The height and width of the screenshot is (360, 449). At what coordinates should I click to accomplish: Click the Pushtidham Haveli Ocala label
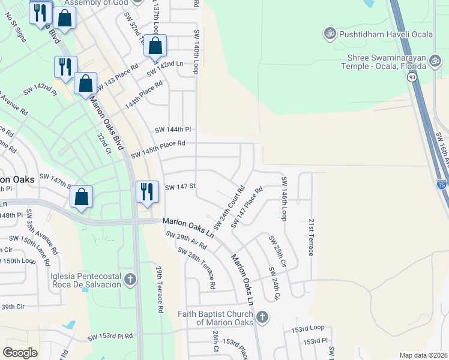(x=385, y=34)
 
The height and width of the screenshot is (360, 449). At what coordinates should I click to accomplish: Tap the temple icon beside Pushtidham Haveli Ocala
(x=329, y=34)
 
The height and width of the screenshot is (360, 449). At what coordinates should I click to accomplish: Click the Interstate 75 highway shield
(x=441, y=184)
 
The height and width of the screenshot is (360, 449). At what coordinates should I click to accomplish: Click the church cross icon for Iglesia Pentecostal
(x=130, y=279)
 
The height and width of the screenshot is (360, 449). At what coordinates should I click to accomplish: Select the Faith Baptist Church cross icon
(x=262, y=317)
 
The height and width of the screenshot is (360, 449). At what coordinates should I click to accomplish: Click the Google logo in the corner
(x=20, y=352)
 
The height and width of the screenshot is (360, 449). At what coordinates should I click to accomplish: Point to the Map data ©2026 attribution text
(x=423, y=355)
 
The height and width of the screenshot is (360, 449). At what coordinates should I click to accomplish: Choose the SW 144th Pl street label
(x=172, y=129)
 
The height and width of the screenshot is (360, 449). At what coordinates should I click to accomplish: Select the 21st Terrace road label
(x=311, y=237)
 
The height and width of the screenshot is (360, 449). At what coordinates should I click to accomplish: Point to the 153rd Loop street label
(x=307, y=328)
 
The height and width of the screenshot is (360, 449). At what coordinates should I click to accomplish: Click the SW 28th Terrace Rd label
(x=196, y=268)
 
